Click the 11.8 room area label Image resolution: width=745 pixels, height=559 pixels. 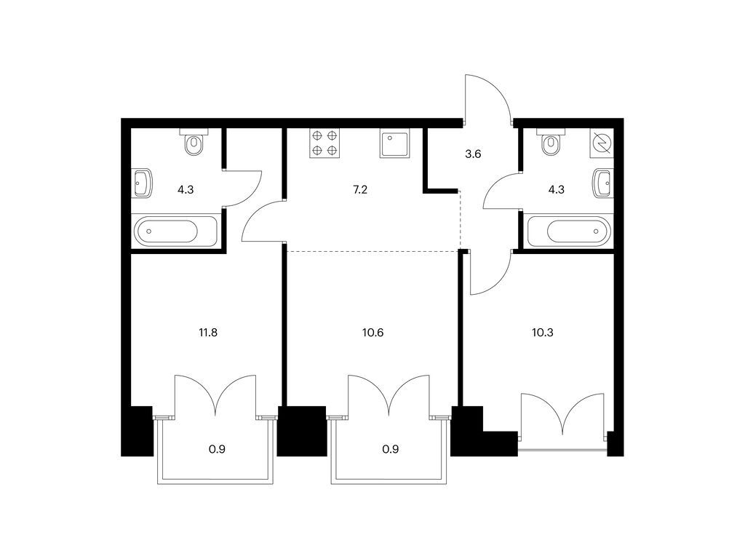pos(208,332)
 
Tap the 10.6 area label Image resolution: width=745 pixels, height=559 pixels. pos(372,332)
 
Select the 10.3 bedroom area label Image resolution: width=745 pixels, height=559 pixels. pos(543,332)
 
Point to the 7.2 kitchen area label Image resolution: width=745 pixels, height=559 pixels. pos(360,190)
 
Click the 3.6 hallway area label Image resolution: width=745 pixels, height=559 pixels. pos(473,154)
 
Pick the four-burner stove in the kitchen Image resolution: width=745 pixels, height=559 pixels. pos(325,143)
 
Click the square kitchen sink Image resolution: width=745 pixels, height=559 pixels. pos(394,143)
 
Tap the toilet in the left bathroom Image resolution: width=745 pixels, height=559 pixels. pos(194,142)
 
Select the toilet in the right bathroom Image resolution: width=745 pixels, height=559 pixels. pos(551,142)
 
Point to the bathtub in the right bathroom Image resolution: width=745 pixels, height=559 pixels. pos(569,231)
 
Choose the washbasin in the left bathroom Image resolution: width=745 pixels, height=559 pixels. pos(143,183)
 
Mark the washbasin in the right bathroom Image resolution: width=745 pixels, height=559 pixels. pos(602,183)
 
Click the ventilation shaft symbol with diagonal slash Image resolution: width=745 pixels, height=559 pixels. pos(602,143)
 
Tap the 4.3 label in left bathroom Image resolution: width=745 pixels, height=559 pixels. pos(186,190)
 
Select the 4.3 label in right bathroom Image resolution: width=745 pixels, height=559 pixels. pos(557,190)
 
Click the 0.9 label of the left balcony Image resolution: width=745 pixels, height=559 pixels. pos(217,448)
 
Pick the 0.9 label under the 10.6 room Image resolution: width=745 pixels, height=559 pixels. pos(391,448)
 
